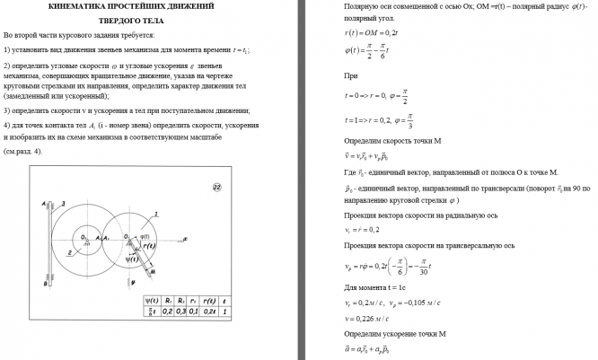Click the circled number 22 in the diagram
click(216, 186)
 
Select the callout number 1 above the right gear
click(155, 213)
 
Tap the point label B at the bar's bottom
click(44, 284)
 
